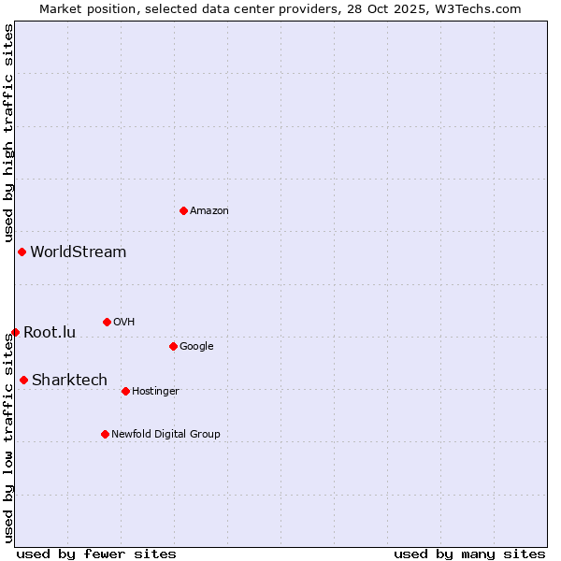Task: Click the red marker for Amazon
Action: (x=183, y=210)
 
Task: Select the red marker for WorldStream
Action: (x=22, y=252)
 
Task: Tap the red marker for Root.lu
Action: (x=15, y=332)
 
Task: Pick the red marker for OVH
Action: (x=107, y=322)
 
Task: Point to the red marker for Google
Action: (x=173, y=346)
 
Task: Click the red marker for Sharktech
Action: (x=23, y=380)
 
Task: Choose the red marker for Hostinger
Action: (x=125, y=391)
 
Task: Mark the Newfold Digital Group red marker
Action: (x=105, y=434)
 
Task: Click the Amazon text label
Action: (x=209, y=211)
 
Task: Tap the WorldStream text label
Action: (x=78, y=252)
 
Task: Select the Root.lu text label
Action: (x=50, y=332)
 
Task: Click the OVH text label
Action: (x=124, y=323)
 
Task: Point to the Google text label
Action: (x=196, y=347)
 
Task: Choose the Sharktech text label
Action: (x=69, y=380)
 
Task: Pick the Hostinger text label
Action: (x=155, y=392)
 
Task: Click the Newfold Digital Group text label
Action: (x=165, y=434)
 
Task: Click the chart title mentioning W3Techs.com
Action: (x=280, y=8)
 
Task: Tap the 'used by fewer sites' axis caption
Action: (x=96, y=554)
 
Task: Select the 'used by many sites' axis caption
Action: (x=469, y=554)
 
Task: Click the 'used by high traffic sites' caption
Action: (x=8, y=134)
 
